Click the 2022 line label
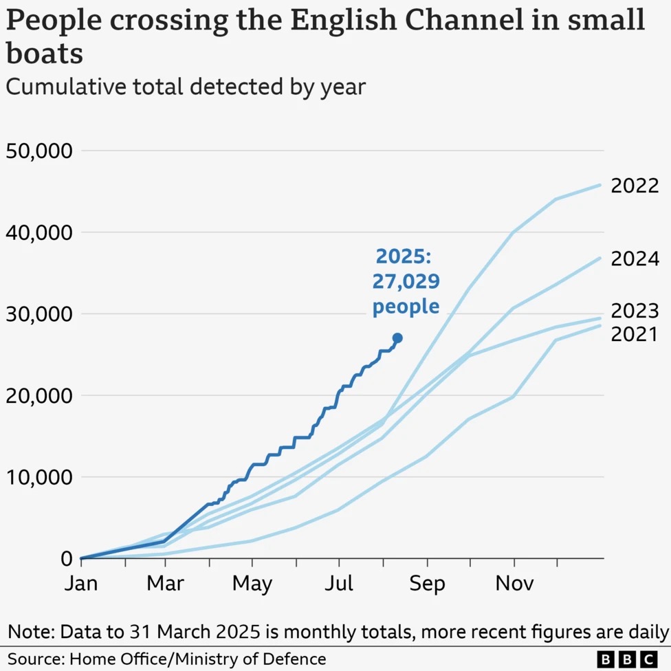coord(635,186)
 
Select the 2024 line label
coord(635,259)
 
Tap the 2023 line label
coord(635,311)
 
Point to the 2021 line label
coord(635,334)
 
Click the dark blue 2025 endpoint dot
coord(397,338)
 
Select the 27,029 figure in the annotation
coord(406,282)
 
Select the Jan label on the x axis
coord(80,584)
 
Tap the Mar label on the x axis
coord(166,584)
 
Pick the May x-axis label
coord(252,584)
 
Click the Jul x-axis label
coord(339,584)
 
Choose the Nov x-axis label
coord(514,584)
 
